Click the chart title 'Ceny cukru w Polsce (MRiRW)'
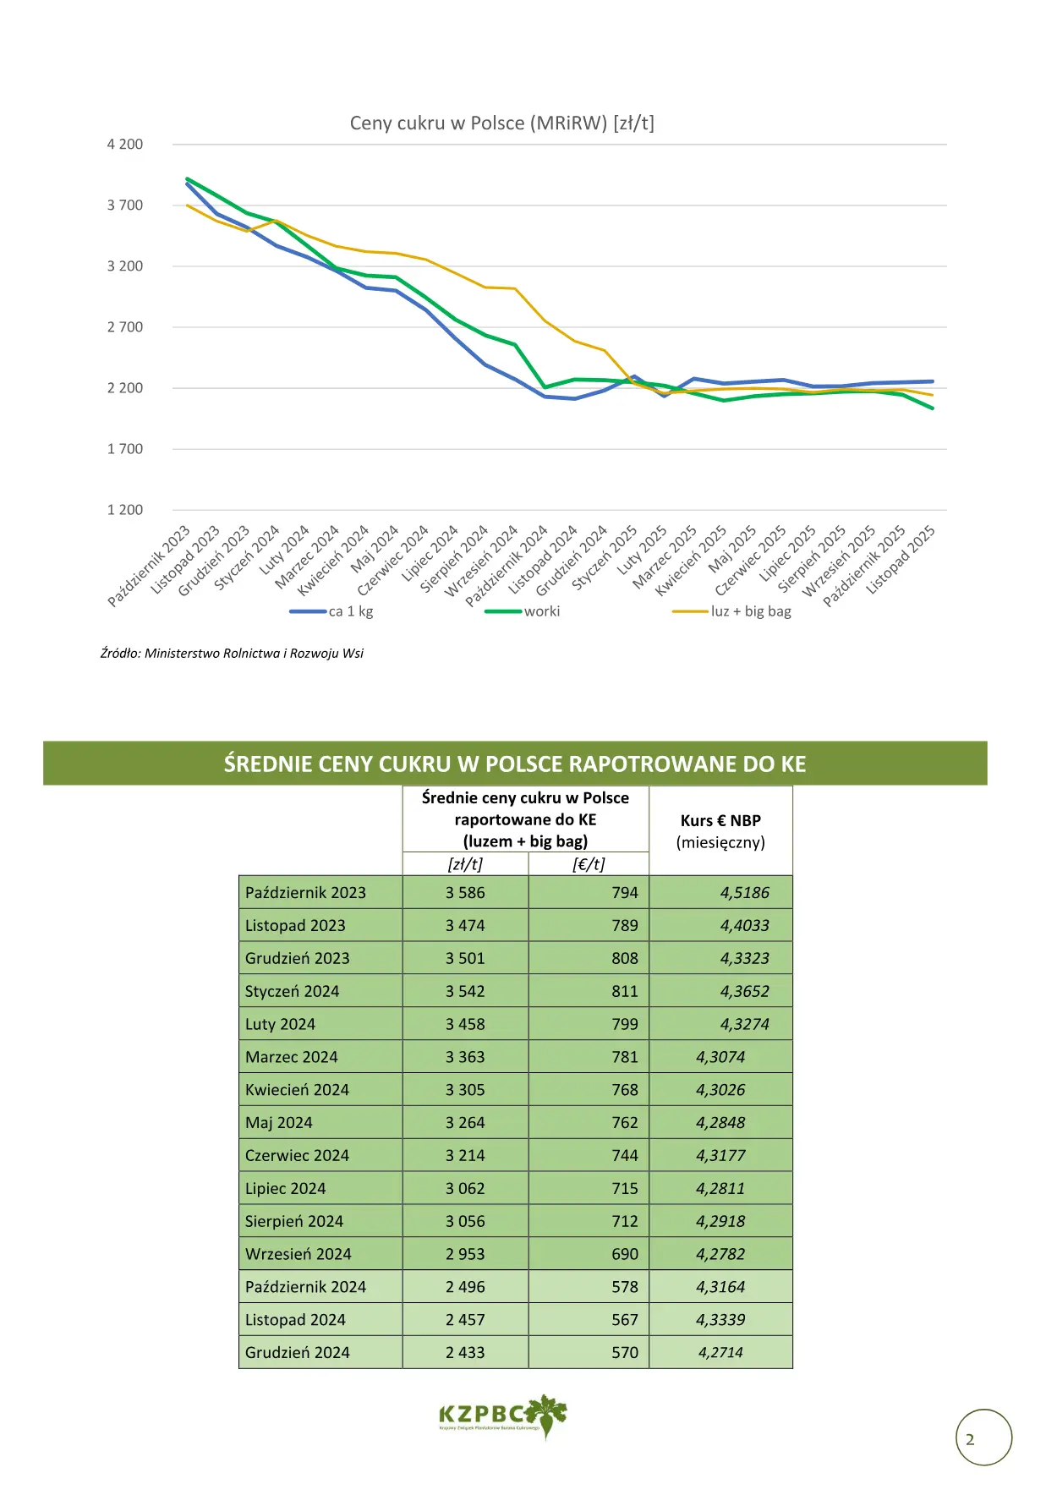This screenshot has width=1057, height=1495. [479, 123]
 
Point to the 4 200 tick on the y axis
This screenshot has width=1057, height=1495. [125, 145]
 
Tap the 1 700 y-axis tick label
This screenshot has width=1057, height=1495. [125, 449]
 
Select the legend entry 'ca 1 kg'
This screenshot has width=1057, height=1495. [331, 611]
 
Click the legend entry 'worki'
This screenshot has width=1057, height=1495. [523, 611]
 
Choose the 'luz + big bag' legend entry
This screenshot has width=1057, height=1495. [732, 611]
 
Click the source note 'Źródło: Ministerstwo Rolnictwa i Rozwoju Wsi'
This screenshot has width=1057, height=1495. [232, 654]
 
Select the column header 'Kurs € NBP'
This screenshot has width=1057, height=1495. [720, 820]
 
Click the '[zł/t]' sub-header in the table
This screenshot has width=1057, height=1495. [465, 864]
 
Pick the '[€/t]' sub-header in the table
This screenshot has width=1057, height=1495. [589, 864]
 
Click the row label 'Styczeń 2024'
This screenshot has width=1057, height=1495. [292, 991]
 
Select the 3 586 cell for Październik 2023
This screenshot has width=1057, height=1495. [465, 892]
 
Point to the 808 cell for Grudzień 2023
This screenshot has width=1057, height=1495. [625, 958]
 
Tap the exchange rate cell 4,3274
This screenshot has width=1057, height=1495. [745, 1024]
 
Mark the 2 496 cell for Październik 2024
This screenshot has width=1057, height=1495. [465, 1287]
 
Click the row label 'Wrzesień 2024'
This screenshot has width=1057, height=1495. [298, 1254]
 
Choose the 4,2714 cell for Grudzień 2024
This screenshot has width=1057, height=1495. [720, 1353]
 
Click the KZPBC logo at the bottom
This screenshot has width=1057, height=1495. [503, 1416]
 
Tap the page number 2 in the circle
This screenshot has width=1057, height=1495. [970, 1439]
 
